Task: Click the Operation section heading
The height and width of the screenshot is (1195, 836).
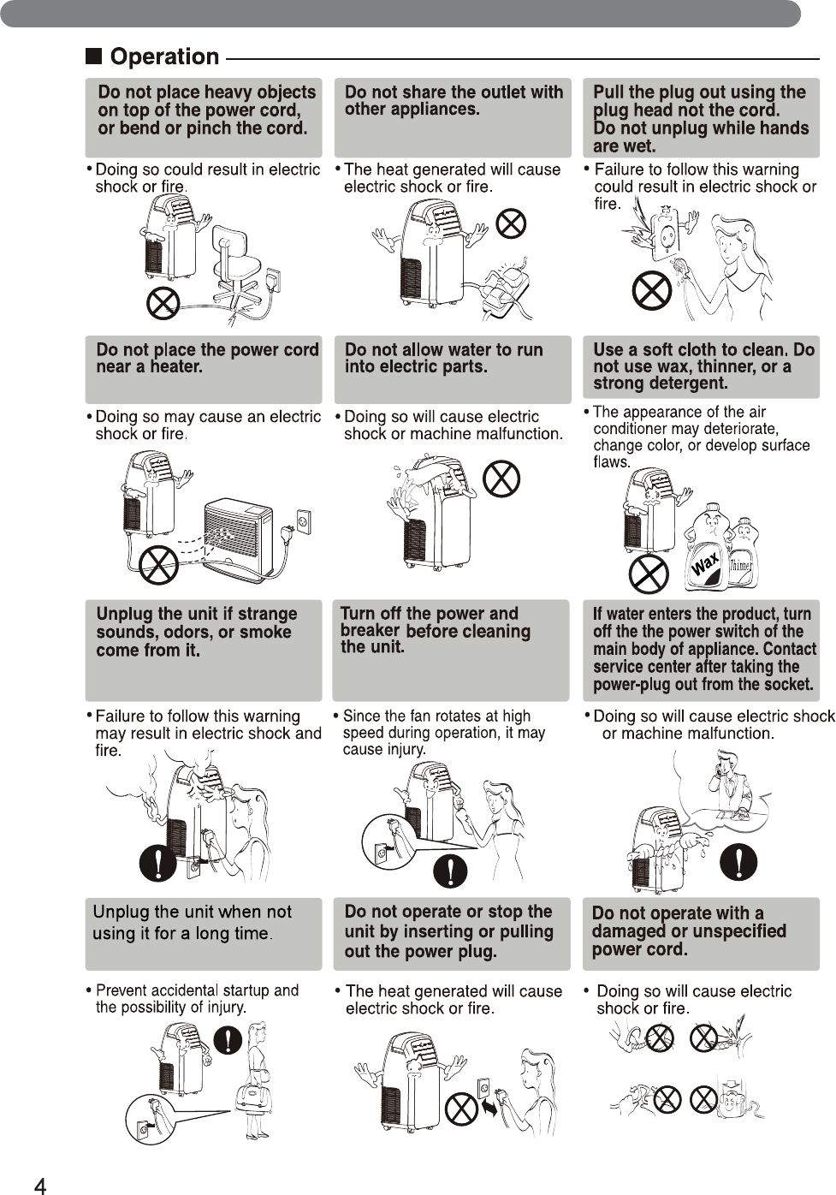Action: pyautogui.click(x=164, y=57)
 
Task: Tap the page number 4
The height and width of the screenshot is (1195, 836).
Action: pyautogui.click(x=40, y=1185)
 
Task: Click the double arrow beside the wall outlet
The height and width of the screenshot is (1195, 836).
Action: pyautogui.click(x=489, y=1107)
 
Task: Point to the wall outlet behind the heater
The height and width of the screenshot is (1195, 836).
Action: pyautogui.click(x=302, y=520)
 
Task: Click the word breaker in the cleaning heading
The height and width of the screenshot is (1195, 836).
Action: pyautogui.click(x=370, y=630)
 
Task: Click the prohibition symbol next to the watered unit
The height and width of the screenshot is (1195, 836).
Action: pyautogui.click(x=501, y=478)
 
